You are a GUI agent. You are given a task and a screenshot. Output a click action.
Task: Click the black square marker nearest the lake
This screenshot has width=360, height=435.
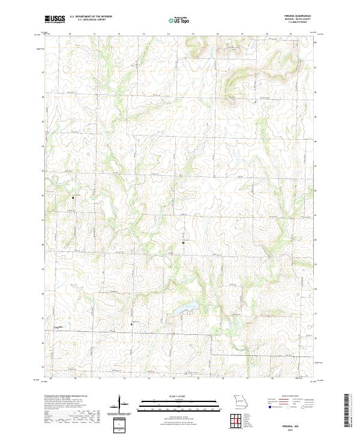coord(183,242)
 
